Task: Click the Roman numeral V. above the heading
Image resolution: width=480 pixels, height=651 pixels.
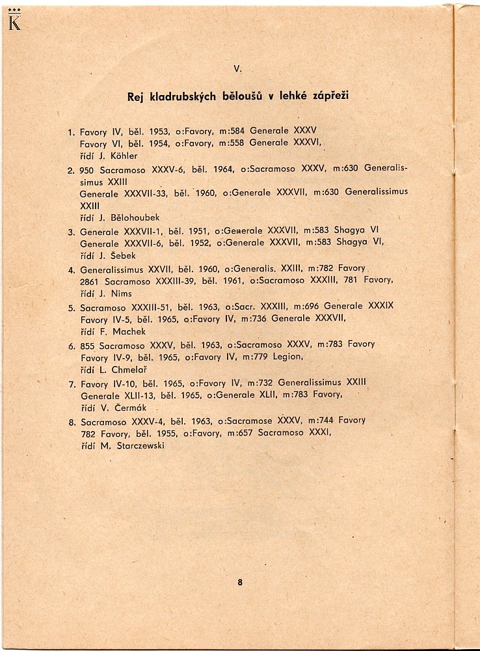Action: click(238, 68)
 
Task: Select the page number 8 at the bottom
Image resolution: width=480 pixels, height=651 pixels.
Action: click(240, 583)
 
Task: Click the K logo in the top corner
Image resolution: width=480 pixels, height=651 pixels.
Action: click(14, 22)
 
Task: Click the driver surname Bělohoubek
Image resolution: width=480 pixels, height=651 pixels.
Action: click(131, 217)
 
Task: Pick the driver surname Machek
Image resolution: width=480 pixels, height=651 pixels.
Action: click(127, 331)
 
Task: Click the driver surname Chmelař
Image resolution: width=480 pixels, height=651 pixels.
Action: click(129, 369)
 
